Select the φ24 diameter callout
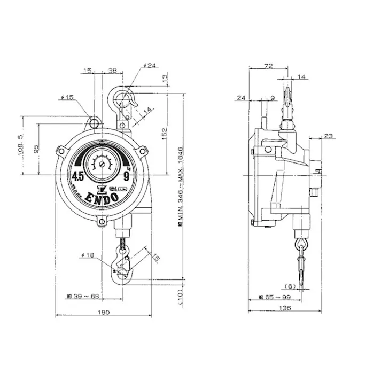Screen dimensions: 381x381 [x=149, y=66]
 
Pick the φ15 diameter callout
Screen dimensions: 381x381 [x=67, y=97]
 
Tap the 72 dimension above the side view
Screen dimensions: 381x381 [x=269, y=66]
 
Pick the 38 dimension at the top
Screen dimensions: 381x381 [x=113, y=70]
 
